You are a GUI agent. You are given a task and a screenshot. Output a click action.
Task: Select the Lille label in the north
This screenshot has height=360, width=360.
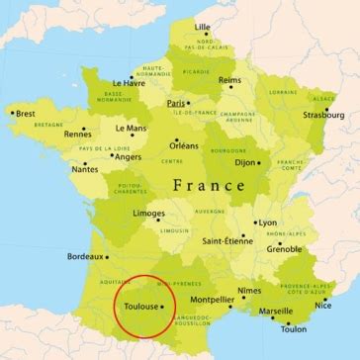tap(203, 26)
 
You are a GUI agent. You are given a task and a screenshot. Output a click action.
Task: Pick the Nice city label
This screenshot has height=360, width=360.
tap(323, 305)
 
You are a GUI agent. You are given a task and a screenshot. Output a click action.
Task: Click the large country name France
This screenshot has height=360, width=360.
tap(209, 184)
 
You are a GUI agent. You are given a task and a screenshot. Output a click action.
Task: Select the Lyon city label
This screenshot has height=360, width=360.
tap(267, 223)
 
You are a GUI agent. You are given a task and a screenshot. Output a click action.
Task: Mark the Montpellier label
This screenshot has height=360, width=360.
tap(212, 299)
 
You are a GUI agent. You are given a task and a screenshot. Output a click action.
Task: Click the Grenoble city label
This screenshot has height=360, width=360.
tap(284, 249)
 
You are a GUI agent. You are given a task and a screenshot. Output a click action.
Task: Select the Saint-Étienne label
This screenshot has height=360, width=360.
tap(225, 239)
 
